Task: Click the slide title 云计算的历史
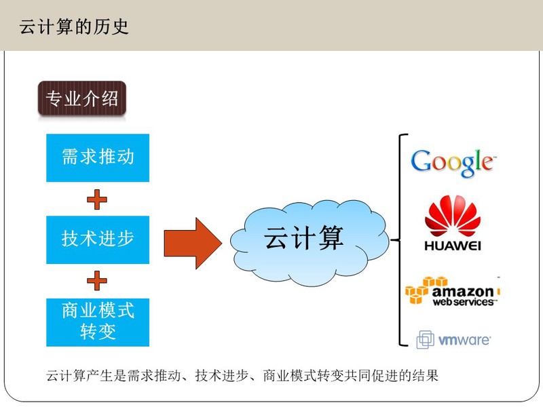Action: [x=74, y=26]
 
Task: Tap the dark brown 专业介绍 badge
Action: [x=81, y=98]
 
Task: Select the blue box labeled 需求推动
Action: [x=98, y=158]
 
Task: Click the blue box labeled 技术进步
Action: [x=98, y=239]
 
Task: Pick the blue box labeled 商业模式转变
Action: [x=98, y=322]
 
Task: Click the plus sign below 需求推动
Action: [x=97, y=199]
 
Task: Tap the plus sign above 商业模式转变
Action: [x=97, y=280]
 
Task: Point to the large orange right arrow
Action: [x=193, y=244]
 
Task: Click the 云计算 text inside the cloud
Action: [x=303, y=238]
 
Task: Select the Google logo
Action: [x=453, y=163]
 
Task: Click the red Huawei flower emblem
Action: [x=453, y=215]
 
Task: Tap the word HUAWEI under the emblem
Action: [x=453, y=246]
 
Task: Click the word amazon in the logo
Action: [x=463, y=292]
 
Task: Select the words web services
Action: [x=463, y=302]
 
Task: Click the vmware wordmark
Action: [x=464, y=341]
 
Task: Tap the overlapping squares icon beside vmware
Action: [x=426, y=339]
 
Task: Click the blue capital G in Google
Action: [x=420, y=161]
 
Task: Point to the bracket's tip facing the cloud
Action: [x=392, y=239]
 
